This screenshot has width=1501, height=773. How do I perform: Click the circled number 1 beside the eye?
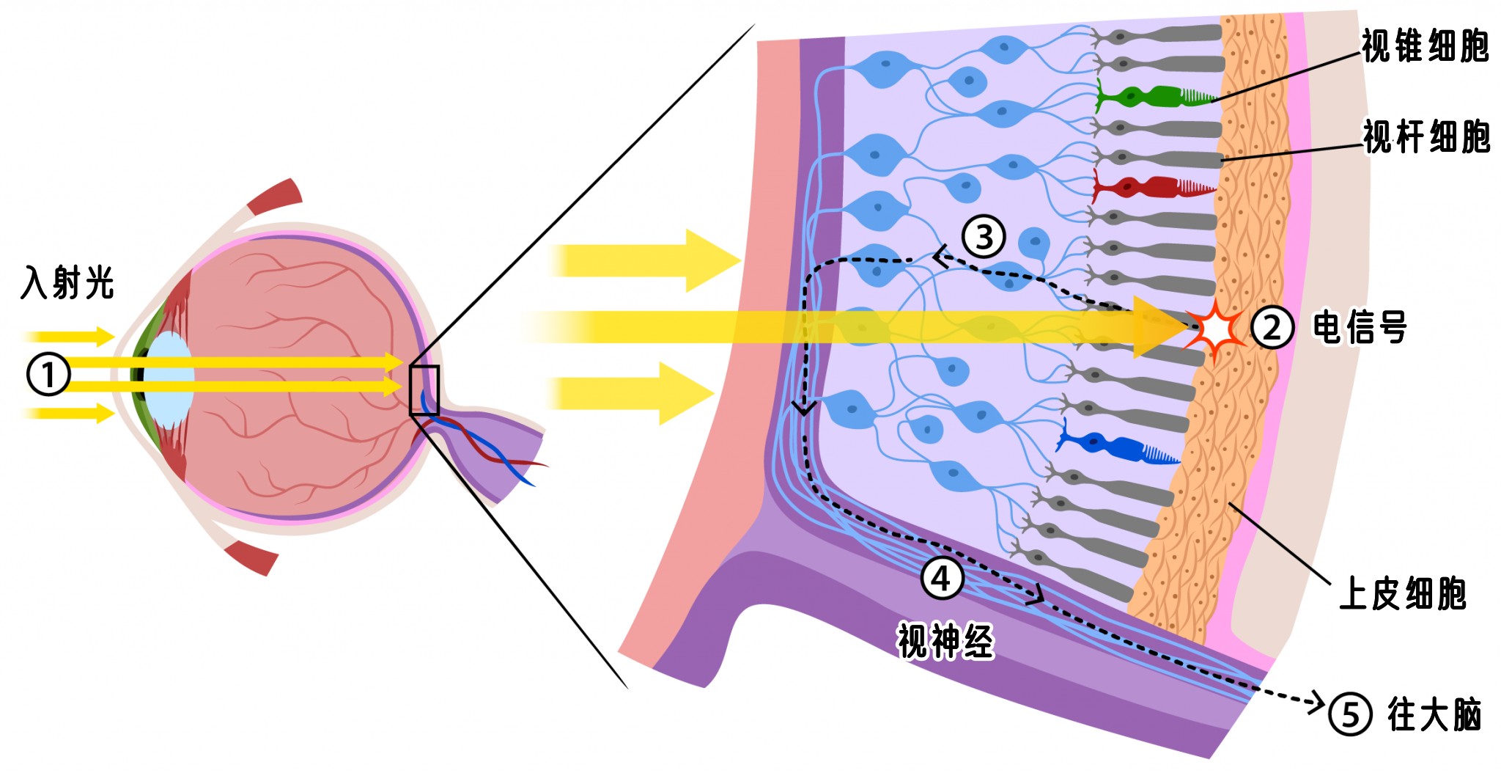[48, 374]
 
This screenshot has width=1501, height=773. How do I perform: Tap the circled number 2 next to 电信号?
[1272, 327]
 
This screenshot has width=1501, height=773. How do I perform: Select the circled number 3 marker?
[984, 236]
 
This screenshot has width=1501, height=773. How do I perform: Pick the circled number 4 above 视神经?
[942, 578]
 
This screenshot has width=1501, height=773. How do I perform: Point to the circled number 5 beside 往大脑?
[1350, 714]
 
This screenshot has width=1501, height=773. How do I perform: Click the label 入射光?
[67, 282]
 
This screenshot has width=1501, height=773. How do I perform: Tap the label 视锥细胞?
[1425, 46]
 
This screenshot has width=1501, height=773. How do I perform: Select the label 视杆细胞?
[1426, 136]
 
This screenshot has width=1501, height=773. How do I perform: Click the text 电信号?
[1360, 327]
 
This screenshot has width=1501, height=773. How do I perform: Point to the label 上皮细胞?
[1403, 593]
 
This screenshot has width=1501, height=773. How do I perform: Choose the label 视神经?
[945, 640]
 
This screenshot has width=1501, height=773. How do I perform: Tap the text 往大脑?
[1434, 714]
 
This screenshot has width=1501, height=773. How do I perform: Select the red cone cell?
[1152, 188]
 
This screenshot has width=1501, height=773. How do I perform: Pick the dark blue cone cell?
[1117, 444]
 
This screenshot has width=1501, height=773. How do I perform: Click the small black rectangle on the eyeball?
[424, 390]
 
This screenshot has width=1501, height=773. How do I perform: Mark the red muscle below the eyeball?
[251, 557]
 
